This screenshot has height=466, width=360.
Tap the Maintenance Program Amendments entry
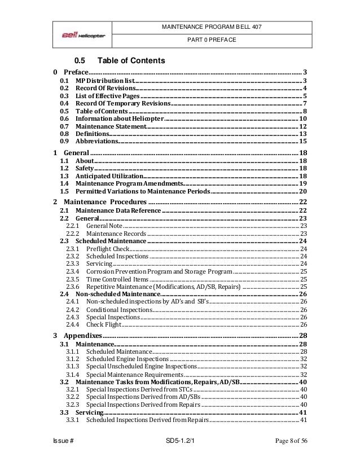pyautogui.click(x=129, y=184)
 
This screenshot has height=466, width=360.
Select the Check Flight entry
pyautogui.click(x=104, y=324)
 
